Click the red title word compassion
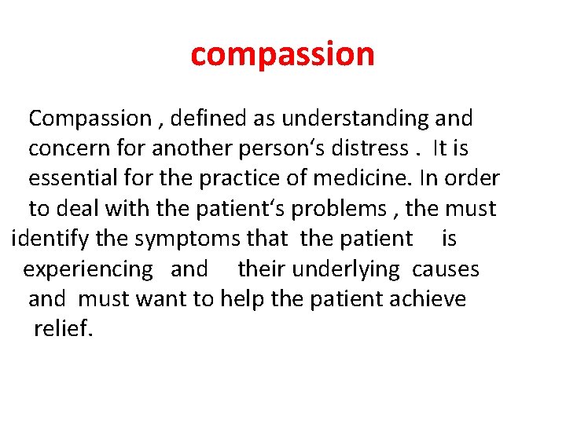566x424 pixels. [x=282, y=54]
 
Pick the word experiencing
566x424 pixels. [x=88, y=269]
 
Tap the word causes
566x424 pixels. [x=446, y=269]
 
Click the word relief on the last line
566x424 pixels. [x=64, y=328]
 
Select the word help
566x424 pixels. [x=241, y=299]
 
